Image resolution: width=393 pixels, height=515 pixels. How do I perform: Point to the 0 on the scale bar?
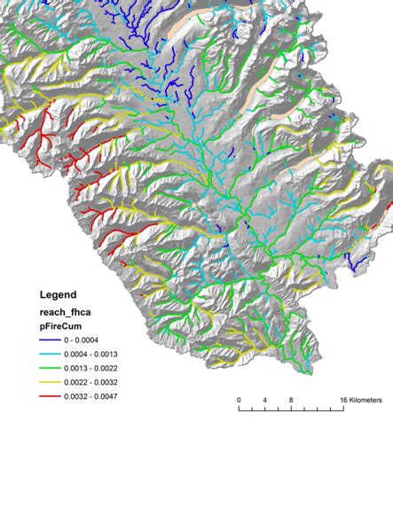(239, 401)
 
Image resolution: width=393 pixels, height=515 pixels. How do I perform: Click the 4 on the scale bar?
(264, 401)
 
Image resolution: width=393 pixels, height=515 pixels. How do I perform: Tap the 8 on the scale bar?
(291, 401)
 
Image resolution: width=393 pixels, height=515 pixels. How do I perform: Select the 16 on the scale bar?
(342, 401)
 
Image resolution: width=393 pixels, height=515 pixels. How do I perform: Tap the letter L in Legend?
(43, 294)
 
